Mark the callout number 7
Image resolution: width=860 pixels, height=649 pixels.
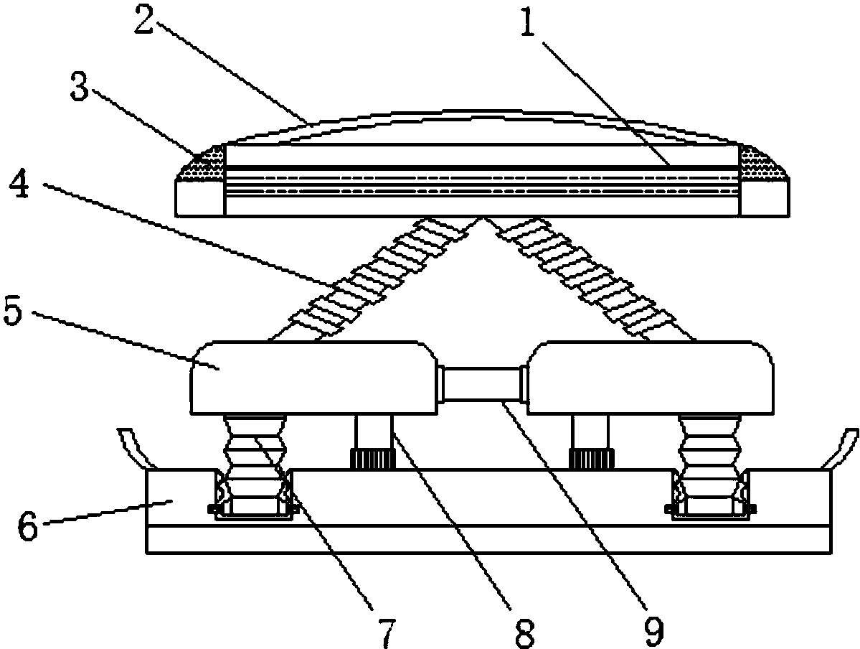pos(386,632)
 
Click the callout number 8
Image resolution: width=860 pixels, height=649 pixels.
pos(524,632)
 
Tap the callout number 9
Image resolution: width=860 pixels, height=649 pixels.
pos(653,632)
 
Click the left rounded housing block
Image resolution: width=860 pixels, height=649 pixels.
pos(313,378)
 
